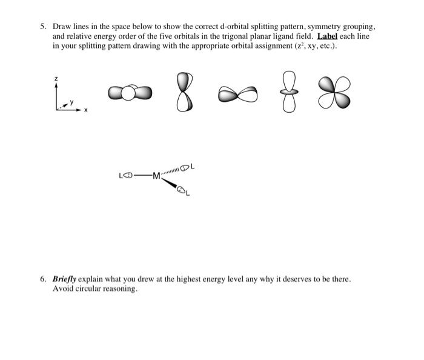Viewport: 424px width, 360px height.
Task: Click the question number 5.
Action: click(43, 27)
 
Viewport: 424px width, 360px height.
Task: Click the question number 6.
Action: click(43, 279)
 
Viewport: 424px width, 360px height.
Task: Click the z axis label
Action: click(56, 79)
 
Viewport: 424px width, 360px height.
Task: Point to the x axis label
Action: click(85, 110)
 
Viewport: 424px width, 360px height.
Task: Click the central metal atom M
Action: click(156, 176)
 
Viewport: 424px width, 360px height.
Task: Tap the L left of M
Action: click(121, 176)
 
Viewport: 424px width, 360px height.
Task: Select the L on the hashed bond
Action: click(192, 166)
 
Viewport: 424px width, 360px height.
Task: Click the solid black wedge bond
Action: click(169, 185)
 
